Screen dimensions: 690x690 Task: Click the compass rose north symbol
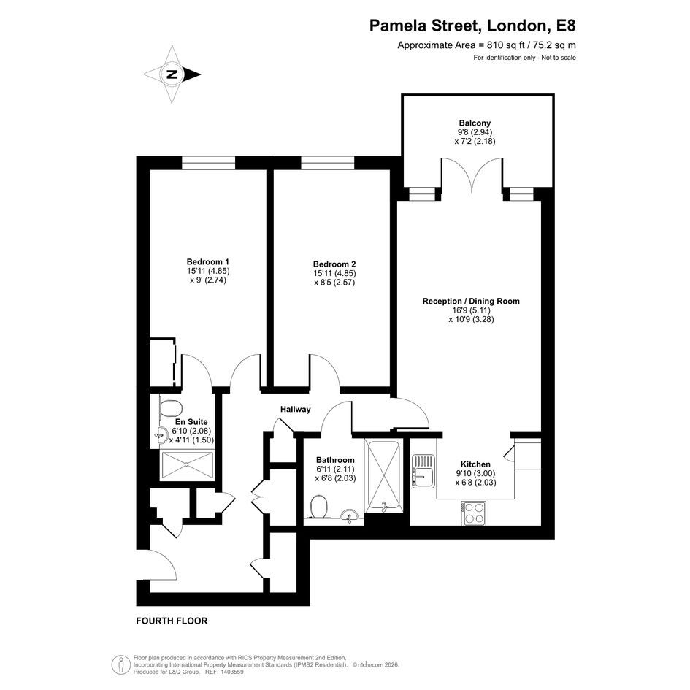pos(172,74)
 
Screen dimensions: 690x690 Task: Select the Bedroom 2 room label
pos(334,264)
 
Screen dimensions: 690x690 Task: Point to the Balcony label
pos(475,123)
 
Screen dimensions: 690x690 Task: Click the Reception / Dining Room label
pos(471,301)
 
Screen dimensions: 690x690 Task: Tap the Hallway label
pos(295,409)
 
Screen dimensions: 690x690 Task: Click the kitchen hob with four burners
pos(473,513)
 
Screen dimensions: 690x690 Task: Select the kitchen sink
pos(423,471)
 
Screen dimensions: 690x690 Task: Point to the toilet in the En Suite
pos(170,408)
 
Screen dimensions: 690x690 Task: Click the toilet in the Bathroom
pos(318,507)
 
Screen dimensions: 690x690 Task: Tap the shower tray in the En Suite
pos(188,464)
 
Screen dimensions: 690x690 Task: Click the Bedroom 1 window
pos(209,163)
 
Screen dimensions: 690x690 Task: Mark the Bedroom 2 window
pos(328,163)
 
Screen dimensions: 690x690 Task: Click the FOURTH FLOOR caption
pos(172,621)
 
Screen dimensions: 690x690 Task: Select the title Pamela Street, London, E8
pos(472,26)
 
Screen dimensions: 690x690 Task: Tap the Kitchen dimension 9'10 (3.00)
pos(475,473)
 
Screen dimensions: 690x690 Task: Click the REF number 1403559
pos(232,672)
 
